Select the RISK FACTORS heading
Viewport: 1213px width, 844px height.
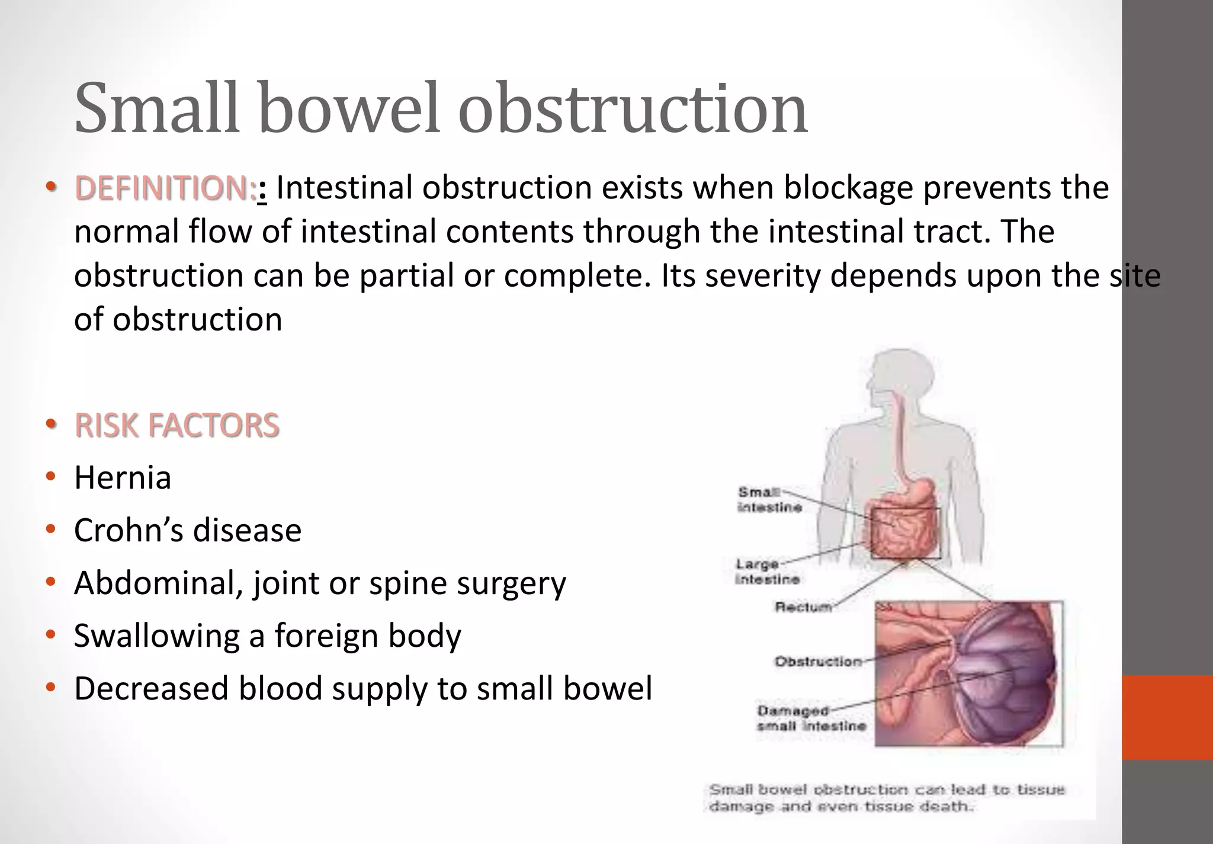click(177, 425)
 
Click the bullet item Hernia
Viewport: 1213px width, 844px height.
click(123, 477)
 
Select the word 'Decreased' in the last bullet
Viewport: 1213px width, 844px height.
click(151, 688)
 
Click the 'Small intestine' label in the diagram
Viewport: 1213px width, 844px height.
click(769, 499)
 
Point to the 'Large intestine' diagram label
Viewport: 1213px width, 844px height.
click(766, 572)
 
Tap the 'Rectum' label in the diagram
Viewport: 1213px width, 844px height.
click(803, 607)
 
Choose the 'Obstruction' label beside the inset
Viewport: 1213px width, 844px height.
click(818, 661)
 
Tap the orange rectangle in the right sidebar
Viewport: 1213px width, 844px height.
click(1167, 717)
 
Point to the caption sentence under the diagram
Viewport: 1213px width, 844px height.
click(887, 798)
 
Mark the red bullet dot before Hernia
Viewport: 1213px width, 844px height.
click(51, 477)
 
